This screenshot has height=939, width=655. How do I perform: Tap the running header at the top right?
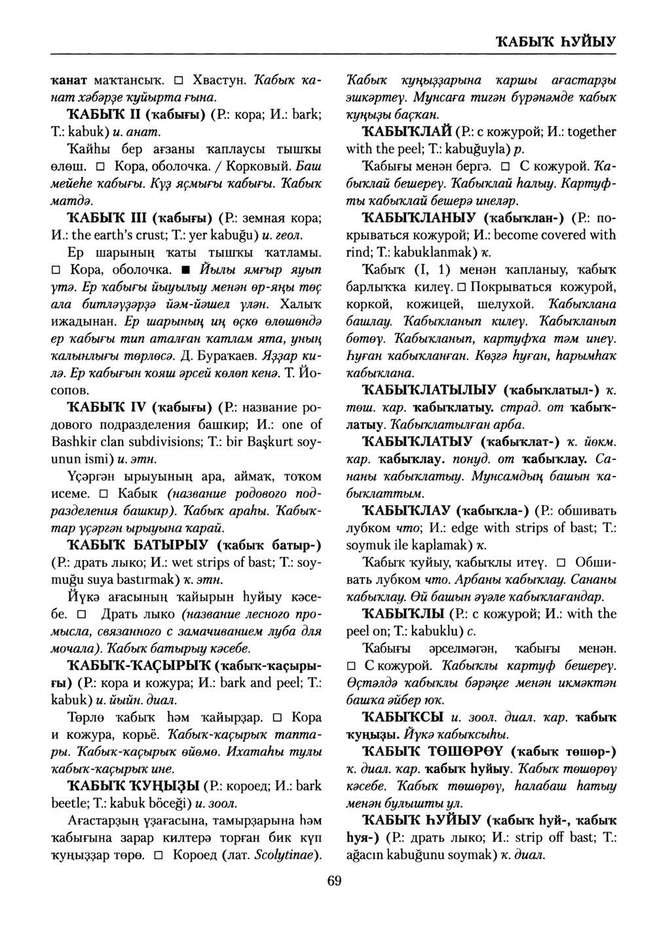[x=555, y=42]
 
